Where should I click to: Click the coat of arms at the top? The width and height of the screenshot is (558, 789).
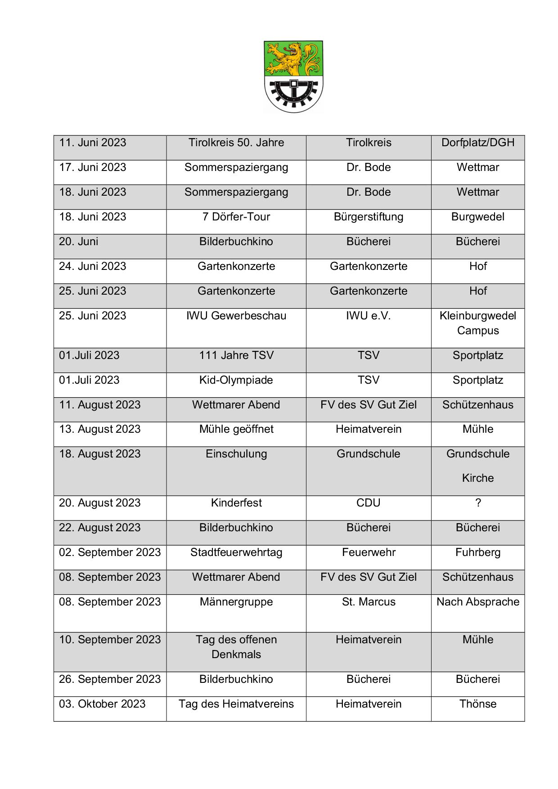click(x=293, y=76)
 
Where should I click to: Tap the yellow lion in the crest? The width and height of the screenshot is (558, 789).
click(x=288, y=58)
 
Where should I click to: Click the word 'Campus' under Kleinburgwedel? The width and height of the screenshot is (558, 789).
click(x=477, y=331)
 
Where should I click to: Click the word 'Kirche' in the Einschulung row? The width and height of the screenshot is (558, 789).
click(x=477, y=478)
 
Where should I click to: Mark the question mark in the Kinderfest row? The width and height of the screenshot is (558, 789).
click(x=478, y=503)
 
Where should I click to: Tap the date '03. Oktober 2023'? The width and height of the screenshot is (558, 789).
click(x=102, y=704)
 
